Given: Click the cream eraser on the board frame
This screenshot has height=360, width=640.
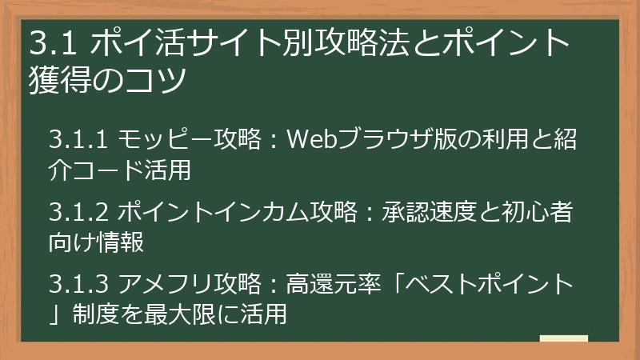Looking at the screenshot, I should pos(563,339).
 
